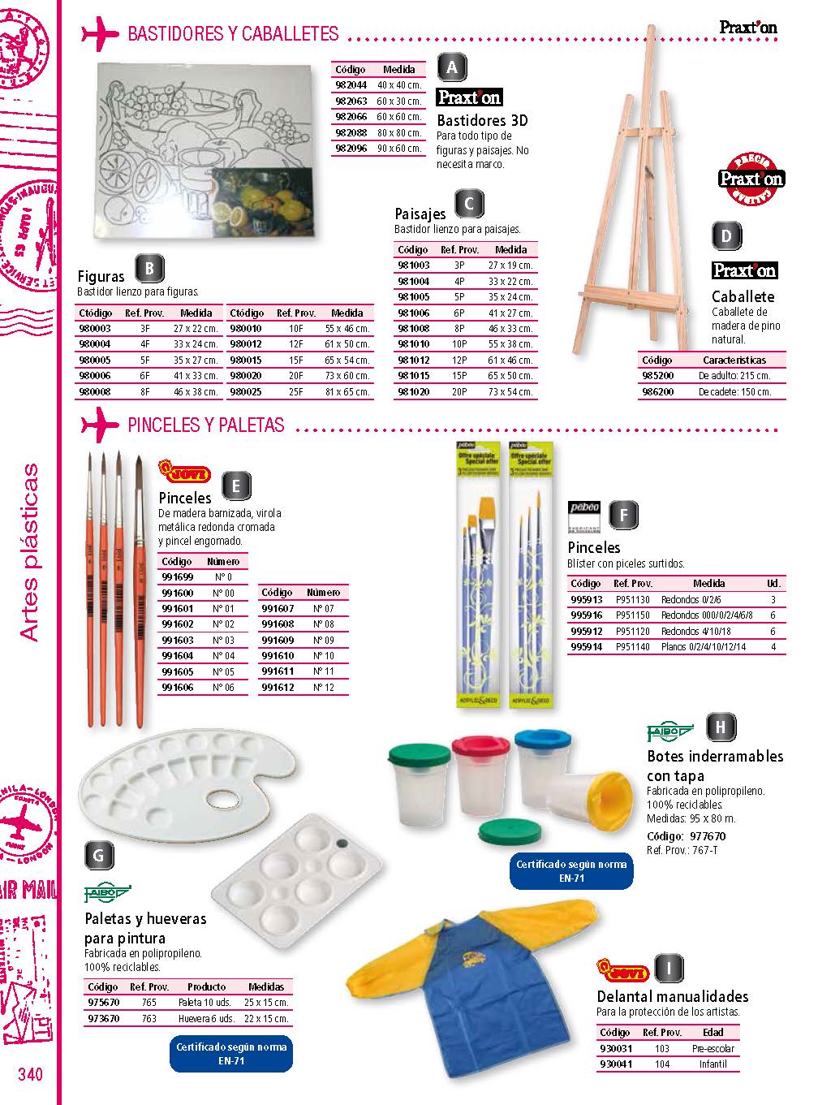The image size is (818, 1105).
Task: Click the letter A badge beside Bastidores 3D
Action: click(452, 68)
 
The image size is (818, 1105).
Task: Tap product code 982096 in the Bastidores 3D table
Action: click(351, 149)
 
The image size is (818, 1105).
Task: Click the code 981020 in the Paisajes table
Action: click(413, 391)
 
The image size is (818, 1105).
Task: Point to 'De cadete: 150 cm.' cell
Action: click(734, 391)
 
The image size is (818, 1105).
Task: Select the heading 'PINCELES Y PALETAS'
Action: click(206, 425)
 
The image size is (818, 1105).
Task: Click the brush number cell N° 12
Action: click(324, 687)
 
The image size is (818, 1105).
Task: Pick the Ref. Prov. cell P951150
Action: click(632, 615)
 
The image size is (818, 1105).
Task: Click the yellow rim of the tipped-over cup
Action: click(609, 792)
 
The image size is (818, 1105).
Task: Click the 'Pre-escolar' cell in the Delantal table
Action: click(713, 1048)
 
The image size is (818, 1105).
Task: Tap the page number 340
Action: click(30, 1074)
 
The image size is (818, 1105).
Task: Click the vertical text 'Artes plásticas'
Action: click(30, 552)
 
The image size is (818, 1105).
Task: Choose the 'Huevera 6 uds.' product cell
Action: click(206, 1018)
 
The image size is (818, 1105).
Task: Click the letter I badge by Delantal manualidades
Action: click(669, 969)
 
